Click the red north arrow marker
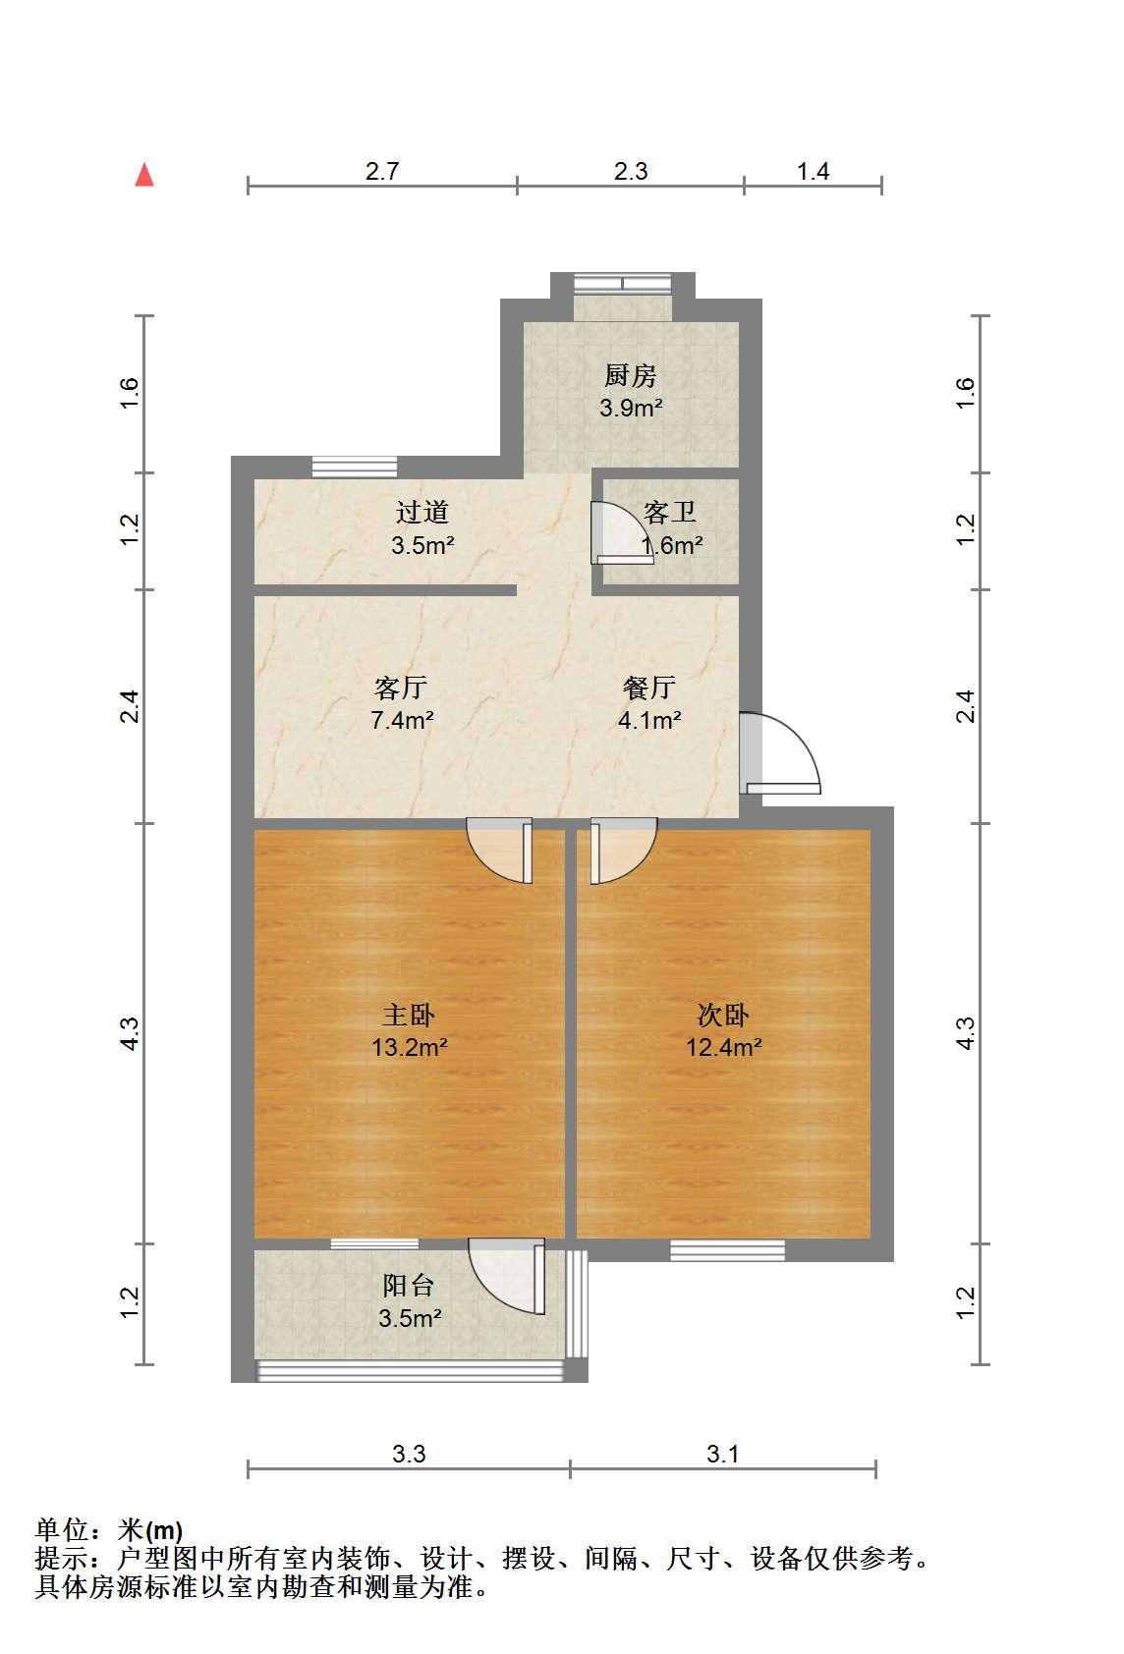tap(144, 175)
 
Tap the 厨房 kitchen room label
tap(630, 376)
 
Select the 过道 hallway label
tap(421, 512)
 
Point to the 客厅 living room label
tap(401, 688)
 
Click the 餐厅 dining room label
tap(649, 688)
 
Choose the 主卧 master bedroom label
tap(409, 1016)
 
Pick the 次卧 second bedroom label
tap(723, 1016)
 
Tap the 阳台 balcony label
tap(409, 1286)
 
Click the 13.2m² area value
tap(409, 1047)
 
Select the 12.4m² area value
tap(724, 1047)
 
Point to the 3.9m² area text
tap(631, 408)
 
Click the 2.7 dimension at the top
tap(382, 171)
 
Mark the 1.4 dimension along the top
tap(813, 171)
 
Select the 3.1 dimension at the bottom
tap(722, 1454)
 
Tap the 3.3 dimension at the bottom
tap(409, 1454)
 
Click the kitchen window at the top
tap(623, 284)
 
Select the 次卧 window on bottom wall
tap(727, 1250)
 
